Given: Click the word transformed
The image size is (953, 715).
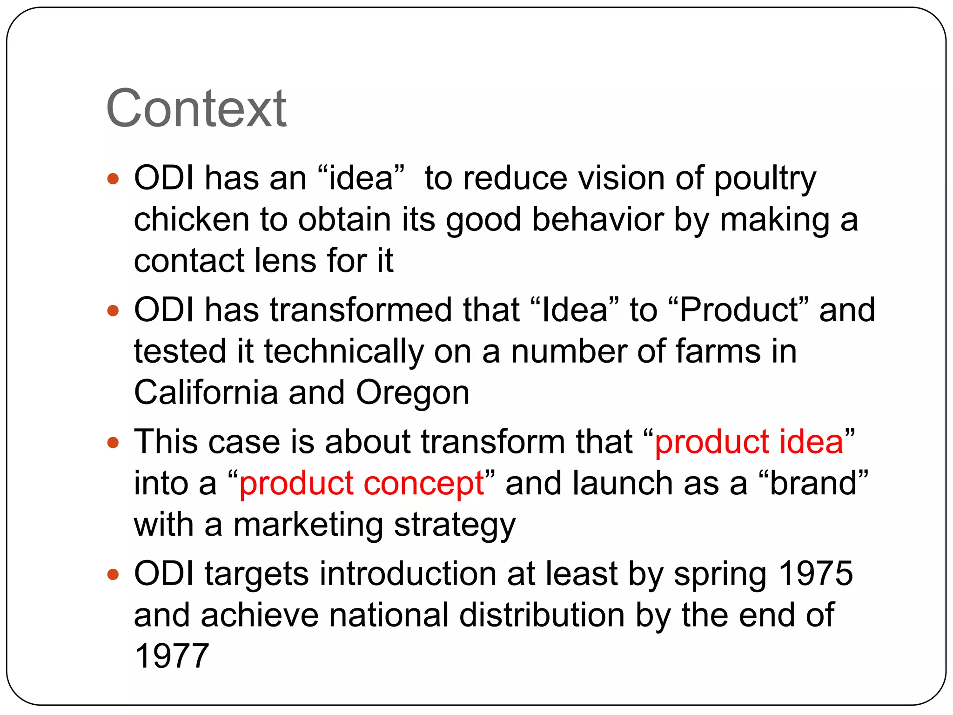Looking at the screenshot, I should tap(361, 310).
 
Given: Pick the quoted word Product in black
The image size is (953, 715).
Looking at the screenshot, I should tap(738, 310).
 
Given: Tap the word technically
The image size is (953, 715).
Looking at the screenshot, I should tap(343, 351).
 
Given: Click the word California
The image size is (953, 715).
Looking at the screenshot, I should tap(206, 392).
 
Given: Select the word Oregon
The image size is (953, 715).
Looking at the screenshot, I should tap(412, 392).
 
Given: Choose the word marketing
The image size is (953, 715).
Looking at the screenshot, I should tap(308, 525).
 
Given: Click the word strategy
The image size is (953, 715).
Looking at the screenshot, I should tap(455, 526).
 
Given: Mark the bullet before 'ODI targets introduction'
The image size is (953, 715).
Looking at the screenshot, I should tap(113, 574).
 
